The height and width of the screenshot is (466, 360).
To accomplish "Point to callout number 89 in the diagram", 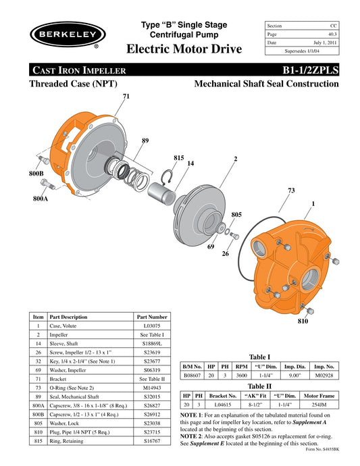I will [145, 140].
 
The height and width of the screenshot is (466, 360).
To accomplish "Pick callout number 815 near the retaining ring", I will [178, 157].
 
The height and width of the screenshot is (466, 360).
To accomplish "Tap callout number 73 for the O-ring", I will [291, 191].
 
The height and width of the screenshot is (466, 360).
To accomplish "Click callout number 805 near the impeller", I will [236, 214].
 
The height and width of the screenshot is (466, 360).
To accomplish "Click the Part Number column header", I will [152, 316].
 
